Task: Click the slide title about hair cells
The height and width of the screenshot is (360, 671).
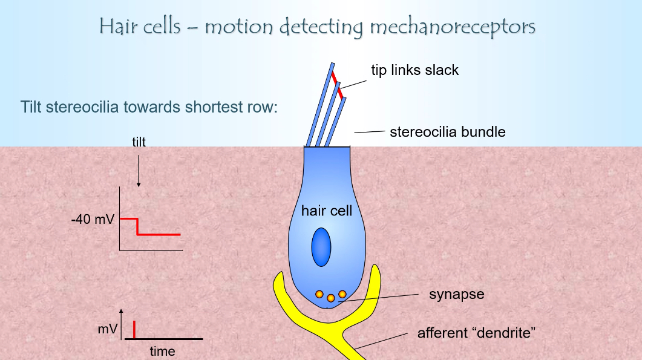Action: click(317, 27)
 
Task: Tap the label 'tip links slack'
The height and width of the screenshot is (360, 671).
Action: click(414, 70)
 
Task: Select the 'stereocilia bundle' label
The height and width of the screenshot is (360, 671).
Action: click(447, 131)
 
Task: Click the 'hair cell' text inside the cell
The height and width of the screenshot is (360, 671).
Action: click(326, 211)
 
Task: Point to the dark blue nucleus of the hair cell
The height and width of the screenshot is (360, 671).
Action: click(321, 246)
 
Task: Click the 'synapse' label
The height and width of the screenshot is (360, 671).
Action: click(456, 295)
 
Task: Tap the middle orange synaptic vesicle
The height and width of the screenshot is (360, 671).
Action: click(330, 298)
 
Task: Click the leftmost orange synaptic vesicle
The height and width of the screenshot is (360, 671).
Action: click(319, 294)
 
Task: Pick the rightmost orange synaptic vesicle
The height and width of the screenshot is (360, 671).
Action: click(342, 294)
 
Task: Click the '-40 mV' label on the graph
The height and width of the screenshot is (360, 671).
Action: click(92, 219)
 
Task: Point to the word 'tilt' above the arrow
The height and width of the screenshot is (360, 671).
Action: click(139, 142)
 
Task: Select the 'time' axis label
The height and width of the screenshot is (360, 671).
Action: click(162, 351)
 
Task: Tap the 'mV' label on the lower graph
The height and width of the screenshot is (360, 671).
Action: click(107, 330)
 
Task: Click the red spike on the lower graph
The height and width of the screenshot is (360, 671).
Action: click(133, 330)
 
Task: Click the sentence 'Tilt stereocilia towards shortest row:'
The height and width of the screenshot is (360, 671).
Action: click(149, 108)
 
